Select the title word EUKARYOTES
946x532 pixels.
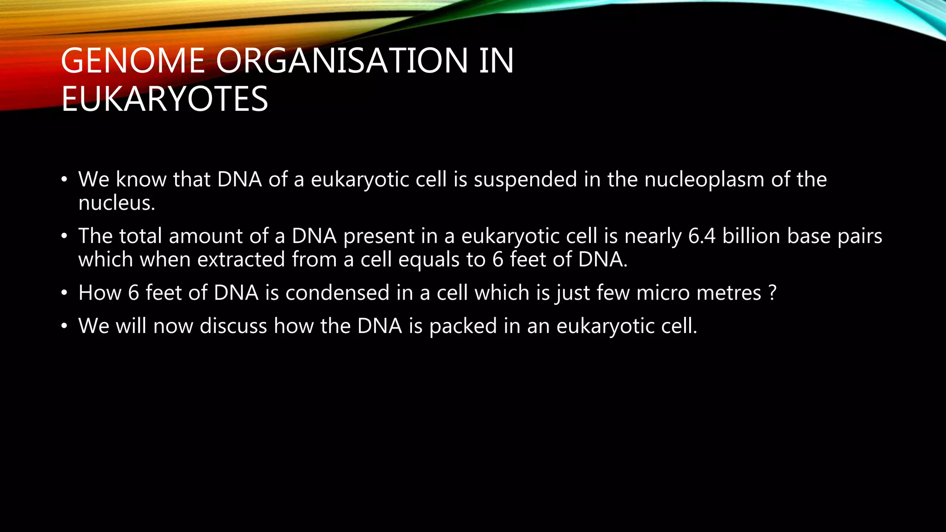[x=164, y=99]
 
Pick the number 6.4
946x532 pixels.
[x=702, y=236]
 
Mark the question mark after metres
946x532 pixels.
[x=773, y=293]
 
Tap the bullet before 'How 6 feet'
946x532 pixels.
[x=64, y=293]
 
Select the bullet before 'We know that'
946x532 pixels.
[x=64, y=180]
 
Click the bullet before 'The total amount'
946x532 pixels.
[x=64, y=236]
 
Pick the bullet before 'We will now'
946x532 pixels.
[x=64, y=326]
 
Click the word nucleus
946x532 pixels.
[x=116, y=203]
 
